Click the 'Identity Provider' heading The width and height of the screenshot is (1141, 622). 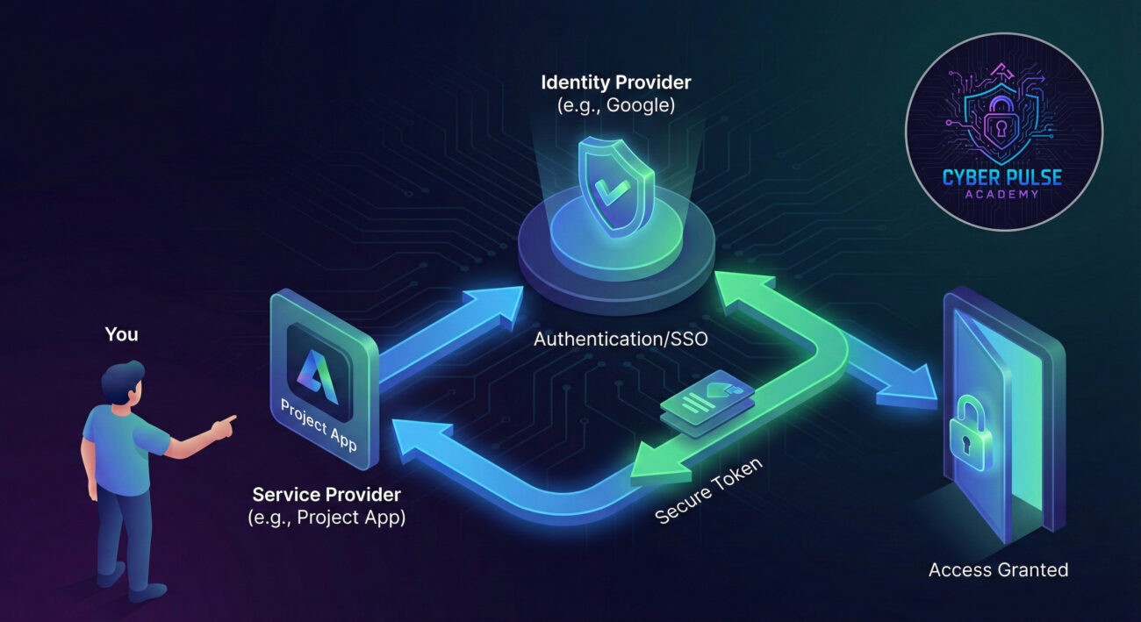pos(615,82)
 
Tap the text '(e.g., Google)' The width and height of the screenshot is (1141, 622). pos(615,105)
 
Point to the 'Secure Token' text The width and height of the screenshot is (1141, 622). pos(709,490)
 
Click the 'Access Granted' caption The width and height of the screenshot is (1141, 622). pos(998,569)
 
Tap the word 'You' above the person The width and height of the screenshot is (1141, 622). pos(121,334)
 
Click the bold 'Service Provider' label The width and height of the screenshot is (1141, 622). pos(327,494)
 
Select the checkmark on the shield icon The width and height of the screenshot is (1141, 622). pos(614,189)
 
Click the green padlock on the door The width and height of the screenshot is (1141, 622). pos(969,430)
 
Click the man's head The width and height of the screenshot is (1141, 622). pos(122,384)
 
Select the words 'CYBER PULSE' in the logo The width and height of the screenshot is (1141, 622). pos(1002,178)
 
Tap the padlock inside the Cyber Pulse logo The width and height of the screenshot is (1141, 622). pos(1002,128)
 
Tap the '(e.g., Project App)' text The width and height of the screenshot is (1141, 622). pos(327,517)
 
